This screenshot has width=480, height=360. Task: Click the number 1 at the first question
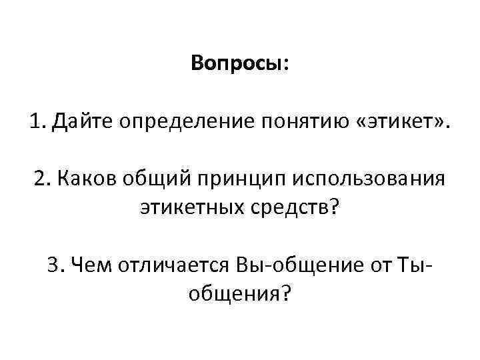pyautogui.click(x=33, y=123)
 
